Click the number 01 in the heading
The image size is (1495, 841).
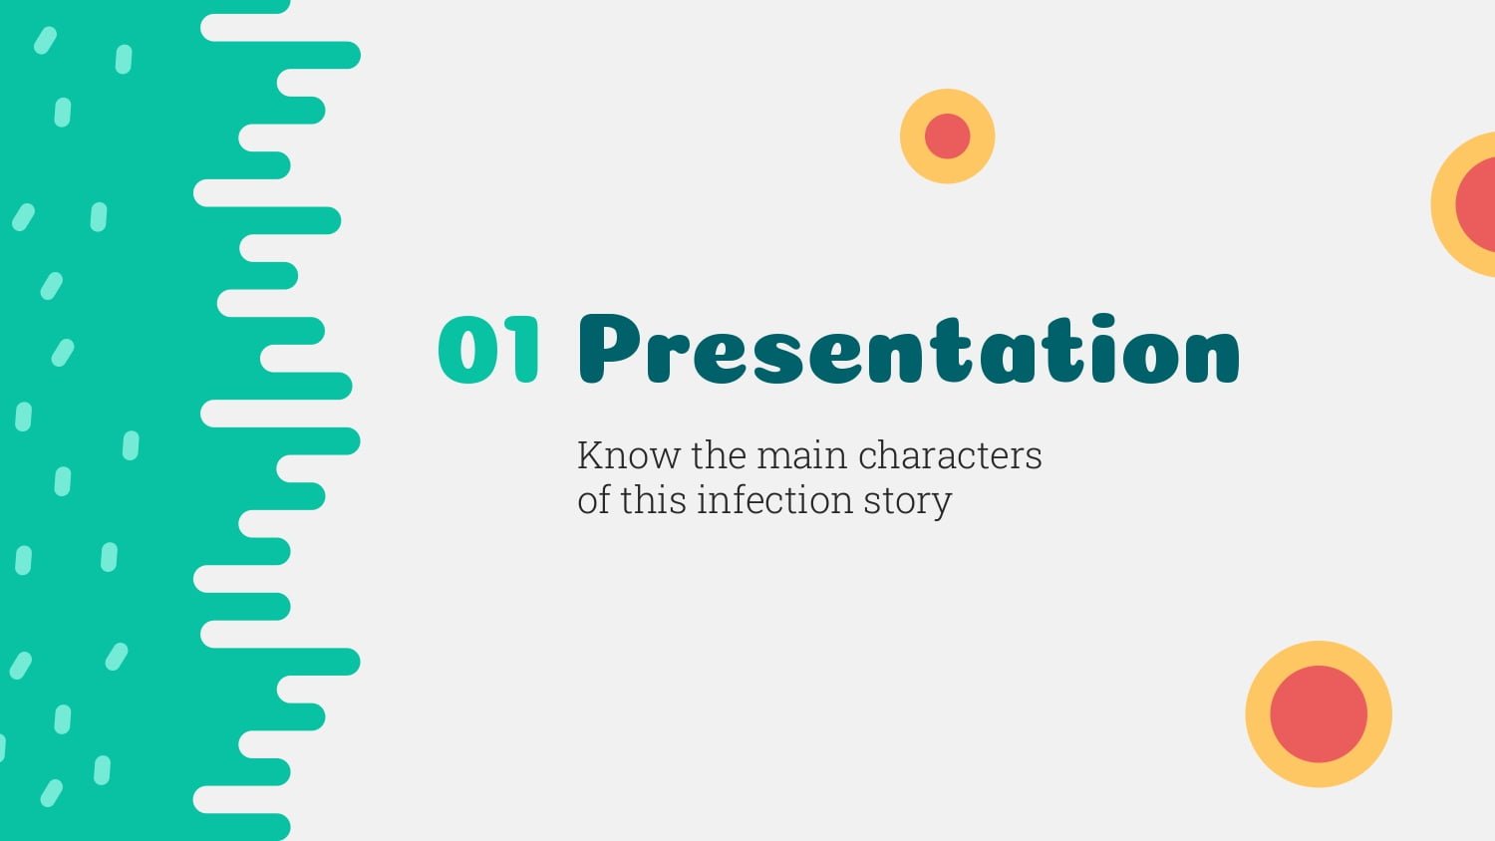click(x=488, y=349)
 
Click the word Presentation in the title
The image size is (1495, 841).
click(x=909, y=349)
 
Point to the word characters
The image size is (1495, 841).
click(x=951, y=456)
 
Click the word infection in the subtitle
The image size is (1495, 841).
click(x=774, y=500)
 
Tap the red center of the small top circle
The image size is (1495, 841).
click(x=947, y=137)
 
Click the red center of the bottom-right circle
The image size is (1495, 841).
click(x=1319, y=714)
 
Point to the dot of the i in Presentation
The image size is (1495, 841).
click(x=1104, y=323)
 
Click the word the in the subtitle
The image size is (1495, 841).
click(x=719, y=455)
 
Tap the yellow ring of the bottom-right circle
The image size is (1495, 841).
click(x=1319, y=654)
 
